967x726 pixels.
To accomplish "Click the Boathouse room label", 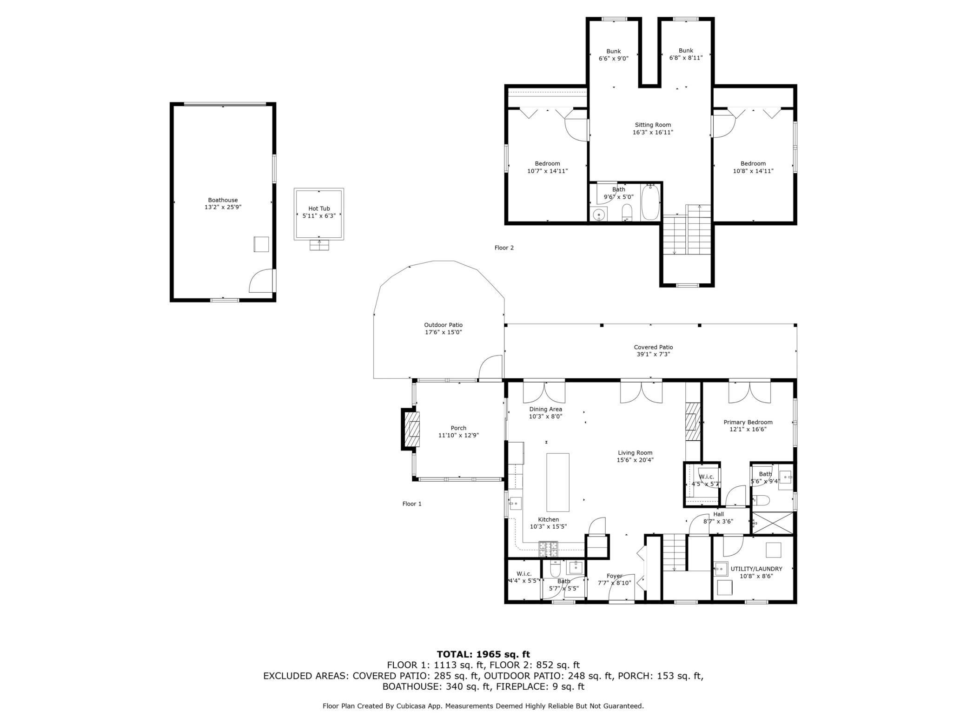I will pyautogui.click(x=223, y=200).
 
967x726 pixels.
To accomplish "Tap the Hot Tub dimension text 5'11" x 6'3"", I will pyautogui.click(x=319, y=216).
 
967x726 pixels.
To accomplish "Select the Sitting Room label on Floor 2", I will pyautogui.click(x=653, y=125).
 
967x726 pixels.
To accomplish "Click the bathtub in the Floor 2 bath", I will pyautogui.click(x=650, y=203).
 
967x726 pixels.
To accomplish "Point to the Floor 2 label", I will pyautogui.click(x=504, y=248).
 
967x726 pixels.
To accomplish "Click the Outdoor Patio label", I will pyautogui.click(x=443, y=325).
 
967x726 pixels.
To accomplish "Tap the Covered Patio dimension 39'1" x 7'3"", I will pyautogui.click(x=653, y=355).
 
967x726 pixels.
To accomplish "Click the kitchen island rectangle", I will pyautogui.click(x=557, y=482).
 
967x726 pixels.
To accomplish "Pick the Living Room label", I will pyautogui.click(x=635, y=453).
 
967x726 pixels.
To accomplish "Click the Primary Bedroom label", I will pyautogui.click(x=748, y=423).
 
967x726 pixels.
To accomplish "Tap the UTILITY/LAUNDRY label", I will pyautogui.click(x=756, y=569).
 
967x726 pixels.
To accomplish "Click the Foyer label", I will pyautogui.click(x=614, y=576).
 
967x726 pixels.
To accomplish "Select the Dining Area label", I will pyautogui.click(x=545, y=410).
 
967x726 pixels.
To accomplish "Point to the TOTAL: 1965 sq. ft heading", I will pyautogui.click(x=483, y=654).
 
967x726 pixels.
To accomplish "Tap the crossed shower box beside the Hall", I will pyautogui.click(x=773, y=523).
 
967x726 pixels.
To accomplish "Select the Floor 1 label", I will pyautogui.click(x=411, y=504).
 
